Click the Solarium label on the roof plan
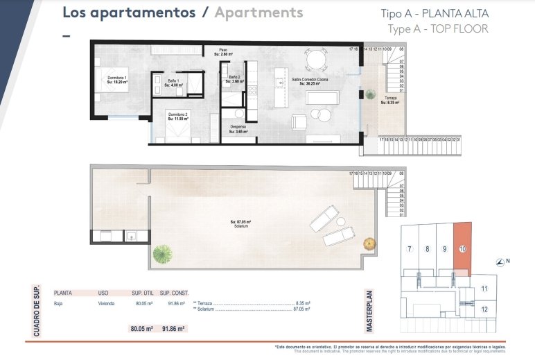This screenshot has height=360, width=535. pos(240,223)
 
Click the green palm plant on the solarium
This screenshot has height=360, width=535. pos(162,253)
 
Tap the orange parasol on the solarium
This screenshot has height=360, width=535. pos(369,244)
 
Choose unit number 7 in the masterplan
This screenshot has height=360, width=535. pos(410,249)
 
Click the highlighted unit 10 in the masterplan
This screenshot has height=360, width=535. pos(462,248)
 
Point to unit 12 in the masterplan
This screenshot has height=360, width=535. pos(484,309)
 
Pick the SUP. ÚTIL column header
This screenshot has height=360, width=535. pos(142,293)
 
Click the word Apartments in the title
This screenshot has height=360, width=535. pos(258,12)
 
